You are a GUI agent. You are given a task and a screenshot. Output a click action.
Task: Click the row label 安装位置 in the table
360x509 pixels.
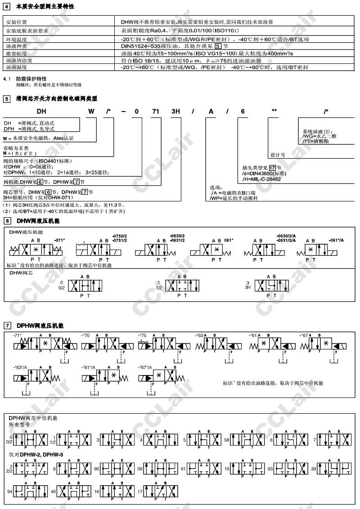16,22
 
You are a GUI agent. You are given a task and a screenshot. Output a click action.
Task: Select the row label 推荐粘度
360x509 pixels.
16,53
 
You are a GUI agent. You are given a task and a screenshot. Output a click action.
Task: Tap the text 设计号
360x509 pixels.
277,155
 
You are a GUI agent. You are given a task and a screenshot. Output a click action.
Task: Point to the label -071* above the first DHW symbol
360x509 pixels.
59,240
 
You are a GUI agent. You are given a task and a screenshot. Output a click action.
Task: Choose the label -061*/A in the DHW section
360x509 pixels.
336,240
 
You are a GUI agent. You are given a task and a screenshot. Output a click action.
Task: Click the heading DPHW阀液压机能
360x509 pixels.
40,325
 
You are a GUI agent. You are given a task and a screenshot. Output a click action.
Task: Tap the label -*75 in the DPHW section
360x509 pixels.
143,335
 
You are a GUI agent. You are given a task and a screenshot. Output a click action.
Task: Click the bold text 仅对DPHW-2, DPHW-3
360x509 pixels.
36,455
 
